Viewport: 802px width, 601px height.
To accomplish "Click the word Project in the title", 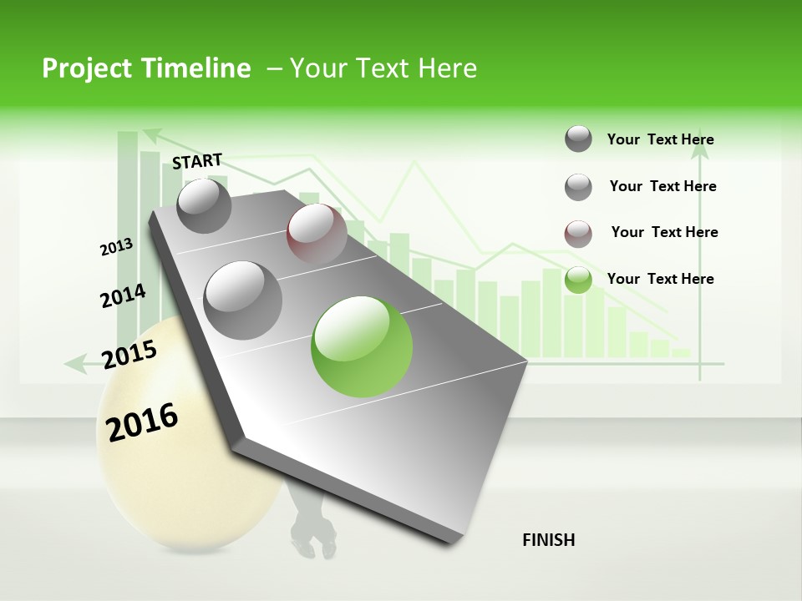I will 88,68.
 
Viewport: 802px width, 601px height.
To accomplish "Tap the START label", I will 197,161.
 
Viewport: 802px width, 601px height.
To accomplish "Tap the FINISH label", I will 549,540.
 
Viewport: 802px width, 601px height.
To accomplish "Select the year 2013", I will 116,247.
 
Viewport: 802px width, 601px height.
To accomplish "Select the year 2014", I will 123,295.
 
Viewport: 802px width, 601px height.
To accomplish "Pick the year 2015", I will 129,355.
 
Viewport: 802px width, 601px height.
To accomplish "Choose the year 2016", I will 142,422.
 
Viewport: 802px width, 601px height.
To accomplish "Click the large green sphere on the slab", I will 362,346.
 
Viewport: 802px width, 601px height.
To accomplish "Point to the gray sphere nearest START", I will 204,205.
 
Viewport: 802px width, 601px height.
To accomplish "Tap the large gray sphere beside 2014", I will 243,300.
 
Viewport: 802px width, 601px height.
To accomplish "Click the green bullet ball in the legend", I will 578,280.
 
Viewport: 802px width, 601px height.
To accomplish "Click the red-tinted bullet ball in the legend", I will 578,234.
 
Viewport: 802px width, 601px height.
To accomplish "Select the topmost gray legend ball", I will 578,139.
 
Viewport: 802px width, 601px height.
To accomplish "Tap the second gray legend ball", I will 578,187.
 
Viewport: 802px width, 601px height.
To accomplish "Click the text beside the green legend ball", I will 660,279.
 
